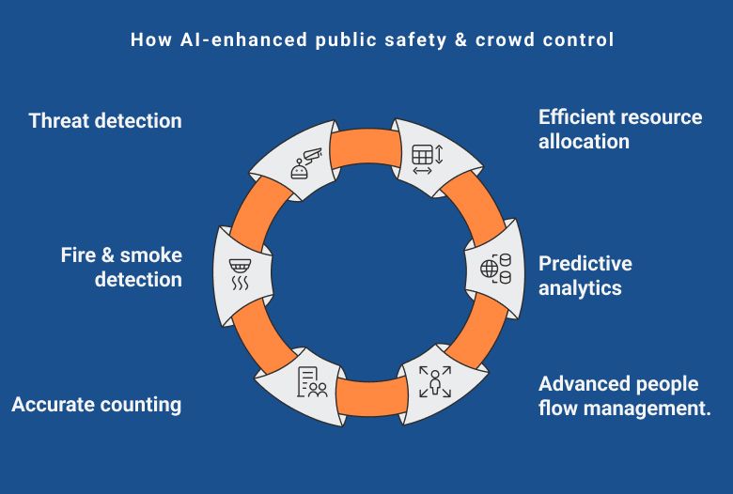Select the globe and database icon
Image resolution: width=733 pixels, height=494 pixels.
pyautogui.click(x=494, y=268)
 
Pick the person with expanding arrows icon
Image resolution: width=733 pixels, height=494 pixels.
pyautogui.click(x=435, y=381)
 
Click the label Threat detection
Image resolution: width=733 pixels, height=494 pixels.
pyautogui.click(x=105, y=120)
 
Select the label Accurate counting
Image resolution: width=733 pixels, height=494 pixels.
pyautogui.click(x=96, y=405)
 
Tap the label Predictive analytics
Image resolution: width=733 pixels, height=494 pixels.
pyautogui.click(x=585, y=275)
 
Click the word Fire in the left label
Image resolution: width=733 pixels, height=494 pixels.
pyautogui.click(x=79, y=255)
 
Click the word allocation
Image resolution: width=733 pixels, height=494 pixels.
pyautogui.click(x=584, y=142)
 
